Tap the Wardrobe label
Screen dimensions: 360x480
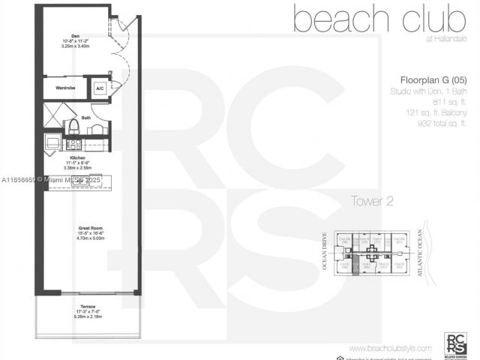point(65,88)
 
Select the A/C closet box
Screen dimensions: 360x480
point(100,88)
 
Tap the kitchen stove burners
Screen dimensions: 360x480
point(73,143)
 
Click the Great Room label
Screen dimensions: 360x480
point(89,227)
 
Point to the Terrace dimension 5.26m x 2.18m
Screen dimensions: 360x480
point(88,318)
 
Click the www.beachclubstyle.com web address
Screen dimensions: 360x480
point(390,348)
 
